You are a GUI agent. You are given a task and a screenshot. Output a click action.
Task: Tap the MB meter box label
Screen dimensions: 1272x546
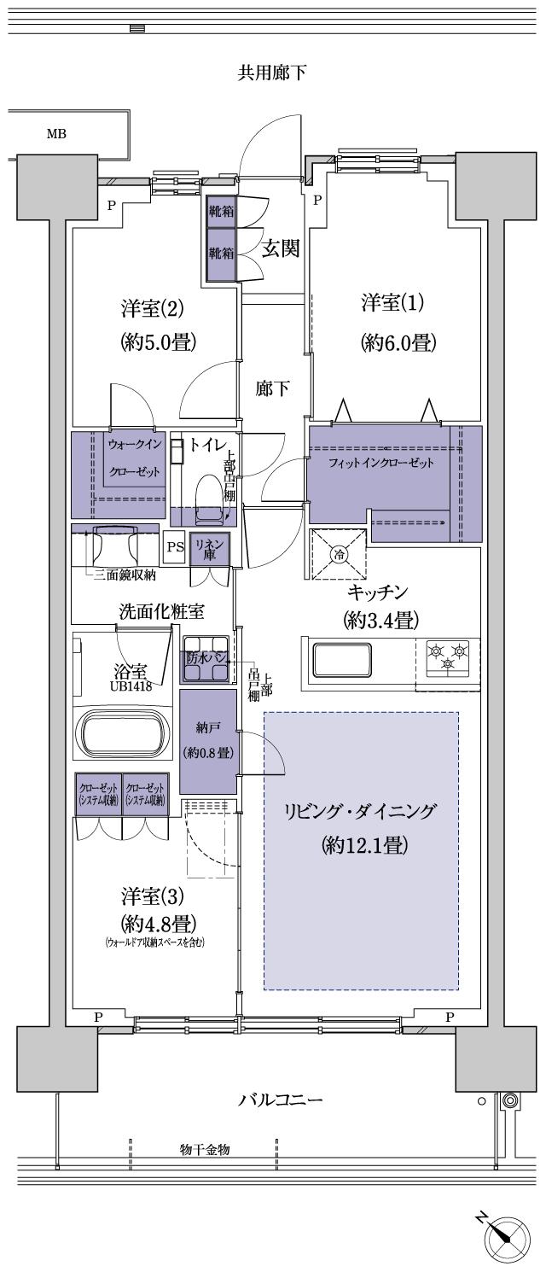[56, 134]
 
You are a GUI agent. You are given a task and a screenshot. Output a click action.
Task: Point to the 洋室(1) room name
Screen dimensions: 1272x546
[392, 303]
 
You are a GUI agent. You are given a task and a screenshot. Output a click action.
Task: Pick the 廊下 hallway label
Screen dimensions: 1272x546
[272, 388]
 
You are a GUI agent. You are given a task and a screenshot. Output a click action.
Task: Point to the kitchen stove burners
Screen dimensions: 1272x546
[449, 658]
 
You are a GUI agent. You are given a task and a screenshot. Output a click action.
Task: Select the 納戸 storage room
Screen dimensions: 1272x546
[208, 741]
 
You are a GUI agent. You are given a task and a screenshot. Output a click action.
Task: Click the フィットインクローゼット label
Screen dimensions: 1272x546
[381, 464]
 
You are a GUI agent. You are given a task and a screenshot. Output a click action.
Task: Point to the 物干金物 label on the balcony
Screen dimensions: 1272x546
[204, 1149]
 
